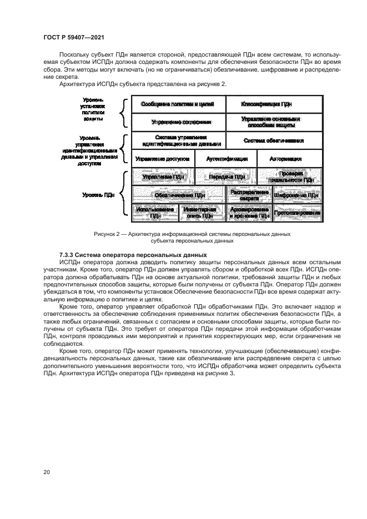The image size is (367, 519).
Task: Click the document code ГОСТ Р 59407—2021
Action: point(74,37)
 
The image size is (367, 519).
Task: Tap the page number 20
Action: point(47,472)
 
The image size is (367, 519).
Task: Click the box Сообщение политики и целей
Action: point(178,104)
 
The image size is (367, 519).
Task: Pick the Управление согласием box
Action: point(178,122)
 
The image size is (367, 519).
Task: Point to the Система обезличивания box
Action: point(274,140)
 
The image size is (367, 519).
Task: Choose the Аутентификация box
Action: point(226,158)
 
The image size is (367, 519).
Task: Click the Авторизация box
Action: point(289,158)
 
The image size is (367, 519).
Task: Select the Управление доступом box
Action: point(163,158)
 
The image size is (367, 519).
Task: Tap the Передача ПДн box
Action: point(226,177)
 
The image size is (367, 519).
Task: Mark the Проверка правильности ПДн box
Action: point(289,177)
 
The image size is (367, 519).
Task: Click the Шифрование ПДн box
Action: point(297,195)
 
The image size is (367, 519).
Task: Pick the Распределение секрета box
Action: point(248,195)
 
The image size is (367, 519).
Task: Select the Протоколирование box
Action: point(297,213)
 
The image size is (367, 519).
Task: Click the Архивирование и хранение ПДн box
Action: point(248,213)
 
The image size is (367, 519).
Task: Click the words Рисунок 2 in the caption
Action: point(107,235)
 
